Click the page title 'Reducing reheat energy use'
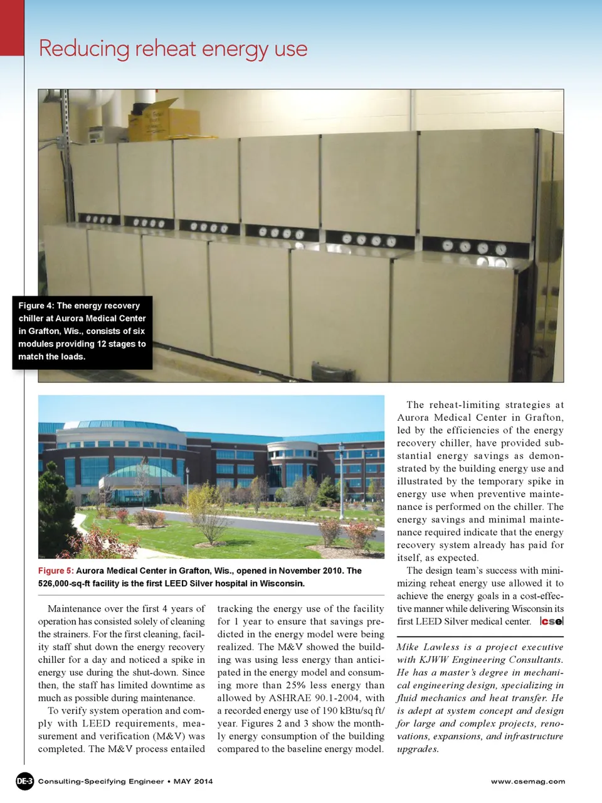[x=173, y=49]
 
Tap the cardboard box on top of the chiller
[x=153, y=120]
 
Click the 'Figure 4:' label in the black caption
[x=36, y=306]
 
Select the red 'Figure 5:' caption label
[x=56, y=571]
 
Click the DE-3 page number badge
[x=24, y=781]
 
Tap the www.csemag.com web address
[x=527, y=782]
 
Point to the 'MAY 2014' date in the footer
[x=193, y=782]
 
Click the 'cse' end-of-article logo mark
[x=552, y=622]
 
